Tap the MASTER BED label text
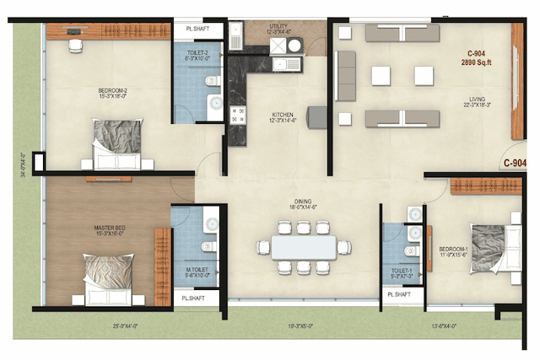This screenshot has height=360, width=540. click(x=110, y=228)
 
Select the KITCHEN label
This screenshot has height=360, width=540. click(x=282, y=116)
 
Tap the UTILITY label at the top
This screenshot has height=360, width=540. click(x=278, y=27)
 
